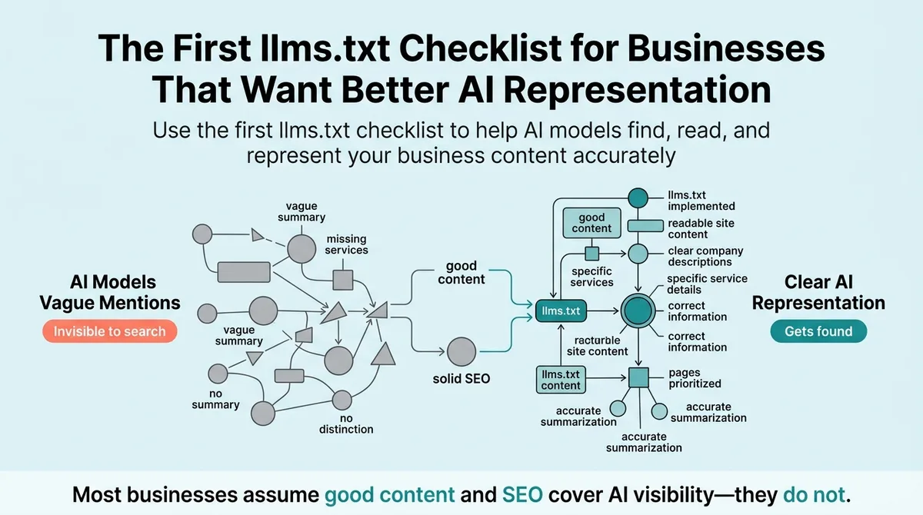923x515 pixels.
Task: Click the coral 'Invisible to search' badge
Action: coord(109,331)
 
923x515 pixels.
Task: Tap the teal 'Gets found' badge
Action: coord(818,331)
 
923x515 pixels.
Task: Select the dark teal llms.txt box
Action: coord(561,311)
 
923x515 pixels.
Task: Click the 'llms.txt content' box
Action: coord(561,380)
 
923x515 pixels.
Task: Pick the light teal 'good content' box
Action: coord(591,223)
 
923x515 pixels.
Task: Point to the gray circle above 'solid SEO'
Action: coord(461,351)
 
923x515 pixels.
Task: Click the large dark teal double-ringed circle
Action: coord(638,311)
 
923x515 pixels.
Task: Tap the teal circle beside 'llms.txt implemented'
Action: coord(638,198)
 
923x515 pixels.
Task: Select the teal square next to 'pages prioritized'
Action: coord(638,377)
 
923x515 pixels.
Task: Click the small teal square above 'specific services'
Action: coord(592,254)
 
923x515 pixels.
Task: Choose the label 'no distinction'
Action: coord(346,424)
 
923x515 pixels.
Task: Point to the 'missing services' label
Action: coord(347,244)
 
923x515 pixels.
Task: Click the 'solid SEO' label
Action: coord(461,379)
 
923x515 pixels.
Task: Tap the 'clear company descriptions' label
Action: coord(705,257)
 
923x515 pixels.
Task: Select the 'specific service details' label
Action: coord(707,284)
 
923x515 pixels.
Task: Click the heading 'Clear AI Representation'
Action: coord(818,292)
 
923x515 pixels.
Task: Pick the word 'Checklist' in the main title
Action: coord(480,48)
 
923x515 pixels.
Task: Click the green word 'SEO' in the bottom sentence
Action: coord(522,495)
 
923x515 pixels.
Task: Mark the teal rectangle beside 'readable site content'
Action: coord(645,225)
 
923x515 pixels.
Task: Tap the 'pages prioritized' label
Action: coord(695,378)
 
